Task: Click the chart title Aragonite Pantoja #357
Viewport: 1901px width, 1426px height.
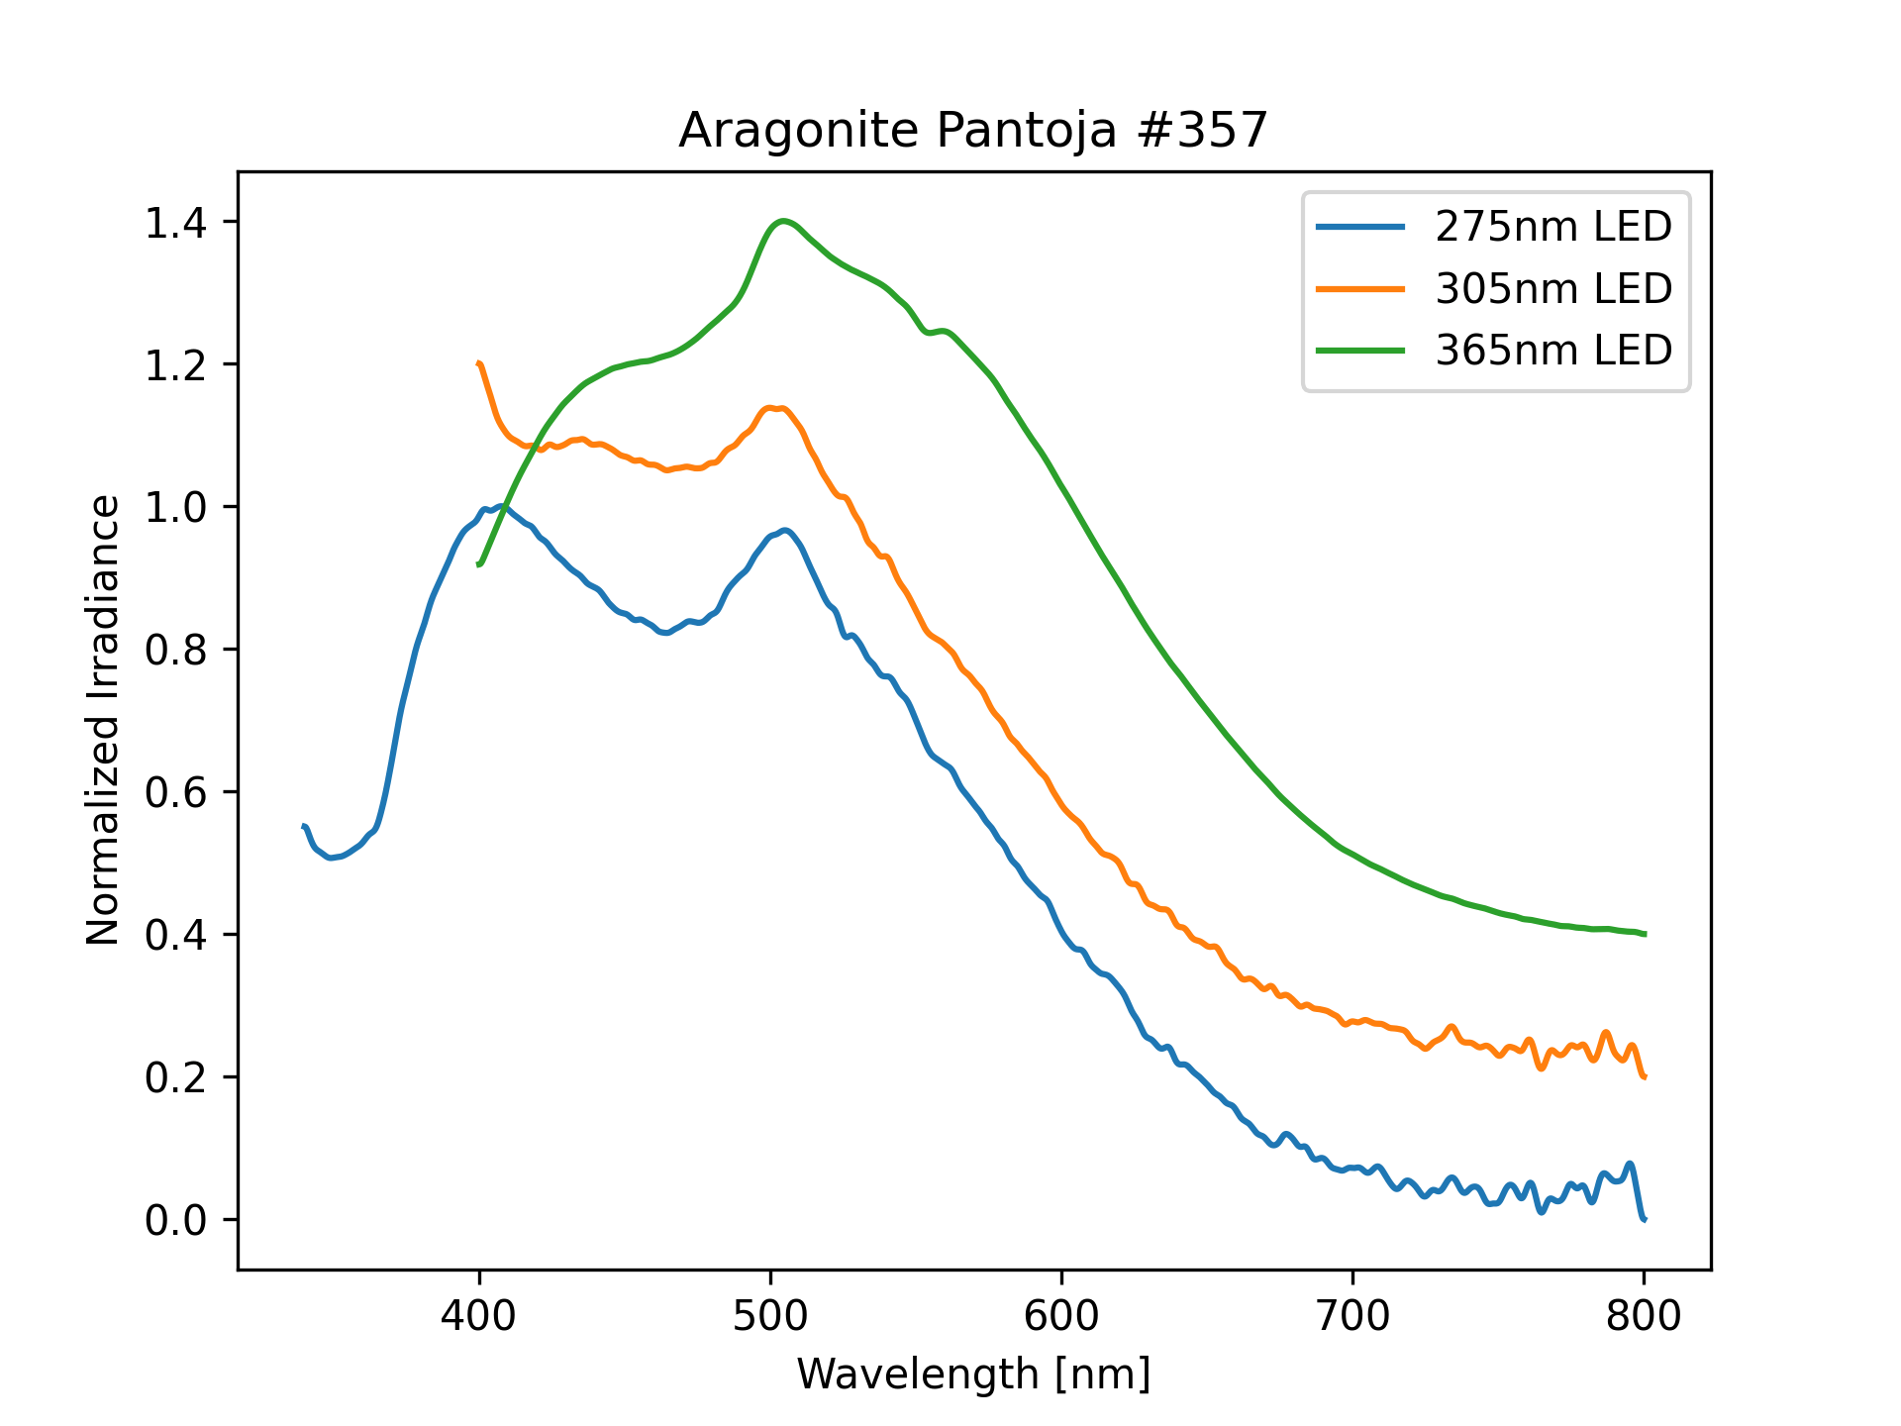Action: (x=972, y=131)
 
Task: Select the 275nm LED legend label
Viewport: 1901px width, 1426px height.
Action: (x=1552, y=228)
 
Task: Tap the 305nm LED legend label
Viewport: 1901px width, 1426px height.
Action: (x=1552, y=289)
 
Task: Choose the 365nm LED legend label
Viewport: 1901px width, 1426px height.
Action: (x=1552, y=351)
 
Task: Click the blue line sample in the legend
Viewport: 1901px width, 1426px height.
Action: (x=1359, y=228)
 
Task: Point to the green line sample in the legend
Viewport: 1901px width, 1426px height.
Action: (x=1359, y=351)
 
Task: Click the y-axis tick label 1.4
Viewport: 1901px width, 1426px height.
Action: (x=175, y=222)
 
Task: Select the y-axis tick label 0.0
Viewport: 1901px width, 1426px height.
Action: (x=175, y=1220)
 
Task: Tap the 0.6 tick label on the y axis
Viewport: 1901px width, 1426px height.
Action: (x=175, y=792)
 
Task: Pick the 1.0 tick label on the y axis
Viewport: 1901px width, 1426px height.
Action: (x=175, y=507)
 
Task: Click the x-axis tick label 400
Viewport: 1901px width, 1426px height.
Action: (x=479, y=1316)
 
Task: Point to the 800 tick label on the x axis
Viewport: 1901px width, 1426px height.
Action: (x=1644, y=1316)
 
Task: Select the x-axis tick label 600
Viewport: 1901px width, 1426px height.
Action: (x=1061, y=1316)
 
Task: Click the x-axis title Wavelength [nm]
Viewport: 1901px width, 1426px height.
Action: (x=973, y=1375)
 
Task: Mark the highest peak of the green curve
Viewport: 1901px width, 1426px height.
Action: (x=783, y=221)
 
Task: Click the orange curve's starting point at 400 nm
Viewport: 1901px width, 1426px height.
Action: (x=479, y=363)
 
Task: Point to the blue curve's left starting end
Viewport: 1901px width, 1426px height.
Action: (x=303, y=826)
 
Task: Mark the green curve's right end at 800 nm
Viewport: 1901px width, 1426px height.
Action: (x=1644, y=934)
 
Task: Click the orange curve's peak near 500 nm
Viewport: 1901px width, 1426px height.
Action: (x=774, y=408)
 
